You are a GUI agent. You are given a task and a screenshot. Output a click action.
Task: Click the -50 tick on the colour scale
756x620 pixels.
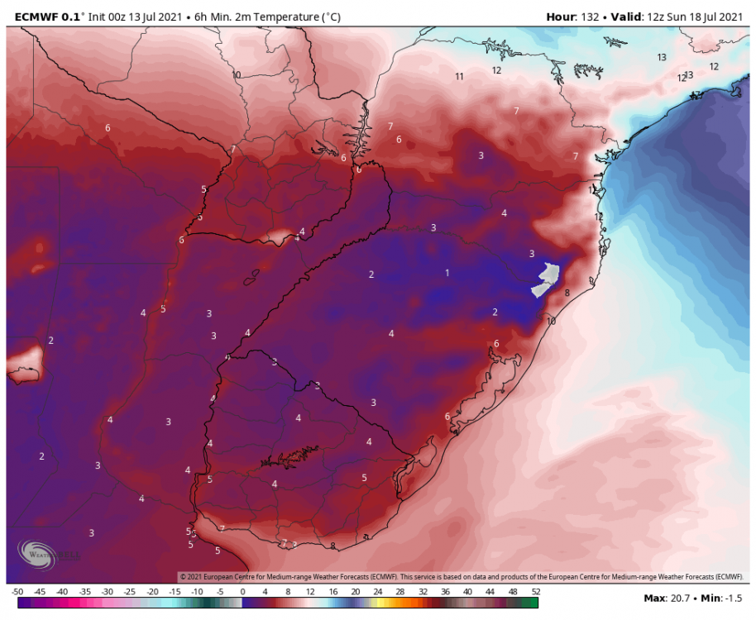pos(17,592)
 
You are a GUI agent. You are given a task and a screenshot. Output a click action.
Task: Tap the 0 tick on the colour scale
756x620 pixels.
pos(242,592)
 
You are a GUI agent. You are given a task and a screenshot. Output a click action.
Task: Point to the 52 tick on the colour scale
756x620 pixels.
pos(535,592)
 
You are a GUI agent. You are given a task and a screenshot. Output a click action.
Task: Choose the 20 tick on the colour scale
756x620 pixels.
pos(355,592)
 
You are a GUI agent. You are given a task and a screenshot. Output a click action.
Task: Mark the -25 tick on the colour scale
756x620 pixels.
pos(130,592)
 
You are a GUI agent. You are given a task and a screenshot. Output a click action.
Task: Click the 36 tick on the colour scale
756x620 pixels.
pos(445,592)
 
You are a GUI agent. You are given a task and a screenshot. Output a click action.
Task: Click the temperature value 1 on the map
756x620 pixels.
pos(447,273)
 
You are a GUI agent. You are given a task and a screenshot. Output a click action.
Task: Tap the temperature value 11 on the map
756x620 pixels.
pos(459,77)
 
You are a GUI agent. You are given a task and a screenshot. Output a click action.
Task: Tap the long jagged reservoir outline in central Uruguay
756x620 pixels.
pos(289,455)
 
